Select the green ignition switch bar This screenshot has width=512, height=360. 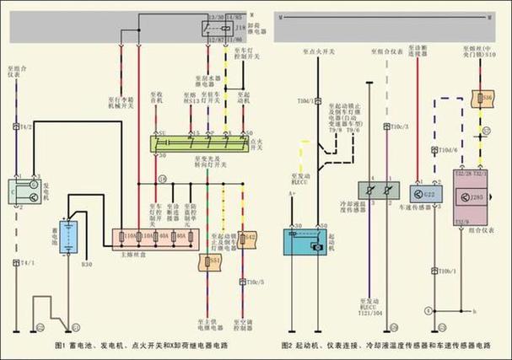[x=201, y=144]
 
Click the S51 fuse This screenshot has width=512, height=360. [x=213, y=262]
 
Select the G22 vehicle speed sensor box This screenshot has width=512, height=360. [x=428, y=194]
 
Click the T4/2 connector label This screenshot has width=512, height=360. [x=26, y=126]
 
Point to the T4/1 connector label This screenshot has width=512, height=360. [x=26, y=263]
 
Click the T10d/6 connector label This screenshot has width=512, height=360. [x=448, y=150]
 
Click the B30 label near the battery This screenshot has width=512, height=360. [x=86, y=265]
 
